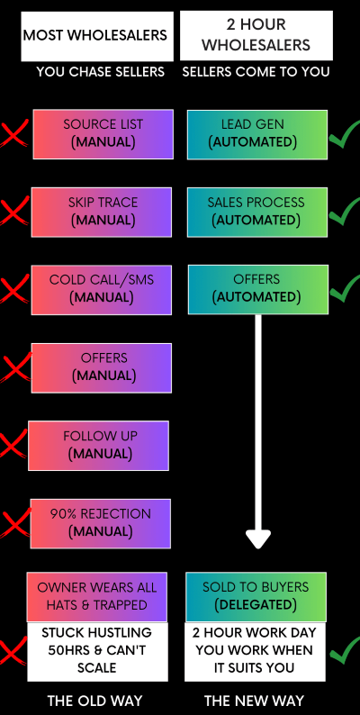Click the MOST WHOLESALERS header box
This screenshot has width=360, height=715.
pyautogui.click(x=97, y=36)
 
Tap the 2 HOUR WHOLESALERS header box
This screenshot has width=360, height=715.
pyautogui.click(x=256, y=35)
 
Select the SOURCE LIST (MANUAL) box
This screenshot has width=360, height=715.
pyautogui.click(x=103, y=134)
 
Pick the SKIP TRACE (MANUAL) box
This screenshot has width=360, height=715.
pyautogui.click(x=102, y=212)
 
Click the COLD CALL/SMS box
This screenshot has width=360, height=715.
pyautogui.click(x=102, y=290)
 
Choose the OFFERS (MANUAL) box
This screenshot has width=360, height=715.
pyautogui.click(x=102, y=368)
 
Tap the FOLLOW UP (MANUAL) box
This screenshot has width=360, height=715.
pyautogui.click(x=98, y=446)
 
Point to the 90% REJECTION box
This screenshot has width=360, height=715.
pyautogui.click(x=101, y=523)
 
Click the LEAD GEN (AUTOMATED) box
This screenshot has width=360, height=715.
pyautogui.click(x=257, y=134)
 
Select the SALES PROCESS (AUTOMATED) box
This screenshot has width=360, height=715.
pyautogui.click(x=257, y=212)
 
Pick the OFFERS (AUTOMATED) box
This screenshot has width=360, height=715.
pyautogui.click(x=258, y=290)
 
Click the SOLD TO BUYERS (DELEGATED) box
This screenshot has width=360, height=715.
pyautogui.click(x=256, y=597)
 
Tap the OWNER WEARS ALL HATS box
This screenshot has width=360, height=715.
pyautogui.click(x=97, y=597)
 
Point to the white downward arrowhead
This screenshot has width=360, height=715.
pyautogui.click(x=258, y=539)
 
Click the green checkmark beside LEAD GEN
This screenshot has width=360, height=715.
pyautogui.click(x=345, y=134)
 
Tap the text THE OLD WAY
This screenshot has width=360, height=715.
pyautogui.click(x=94, y=701)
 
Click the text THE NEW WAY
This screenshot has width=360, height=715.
pyautogui.click(x=254, y=701)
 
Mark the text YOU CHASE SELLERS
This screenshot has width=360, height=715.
pyautogui.click(x=100, y=72)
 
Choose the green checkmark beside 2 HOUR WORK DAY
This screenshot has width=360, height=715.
pyautogui.click(x=345, y=650)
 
